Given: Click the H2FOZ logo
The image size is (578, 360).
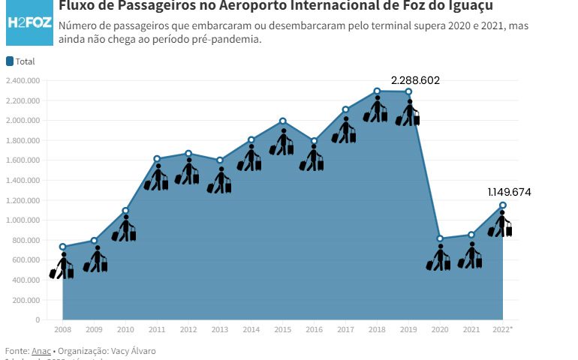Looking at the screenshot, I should [x=29, y=21].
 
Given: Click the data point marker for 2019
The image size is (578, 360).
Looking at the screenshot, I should [x=408, y=91].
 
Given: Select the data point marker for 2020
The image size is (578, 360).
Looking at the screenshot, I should [x=440, y=239].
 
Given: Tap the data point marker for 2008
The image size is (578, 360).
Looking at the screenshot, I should [x=63, y=247].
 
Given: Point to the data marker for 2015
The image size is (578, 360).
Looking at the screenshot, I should [x=283, y=121].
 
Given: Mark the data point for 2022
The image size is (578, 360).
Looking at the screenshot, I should [x=503, y=205].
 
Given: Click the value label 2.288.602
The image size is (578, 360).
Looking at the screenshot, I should [x=415, y=79].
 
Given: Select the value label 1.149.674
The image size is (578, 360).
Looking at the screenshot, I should [x=509, y=192].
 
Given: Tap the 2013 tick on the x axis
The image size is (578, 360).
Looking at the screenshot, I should [x=220, y=329].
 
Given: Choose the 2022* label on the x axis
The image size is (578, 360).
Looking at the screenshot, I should [x=503, y=329].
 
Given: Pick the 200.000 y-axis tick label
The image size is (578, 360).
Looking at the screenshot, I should [x=27, y=300].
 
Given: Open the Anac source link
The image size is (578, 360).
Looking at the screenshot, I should [x=41, y=351].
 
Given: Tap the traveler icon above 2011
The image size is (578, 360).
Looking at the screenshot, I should [x=157, y=177].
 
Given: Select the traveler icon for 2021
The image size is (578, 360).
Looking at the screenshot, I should [x=471, y=256].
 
